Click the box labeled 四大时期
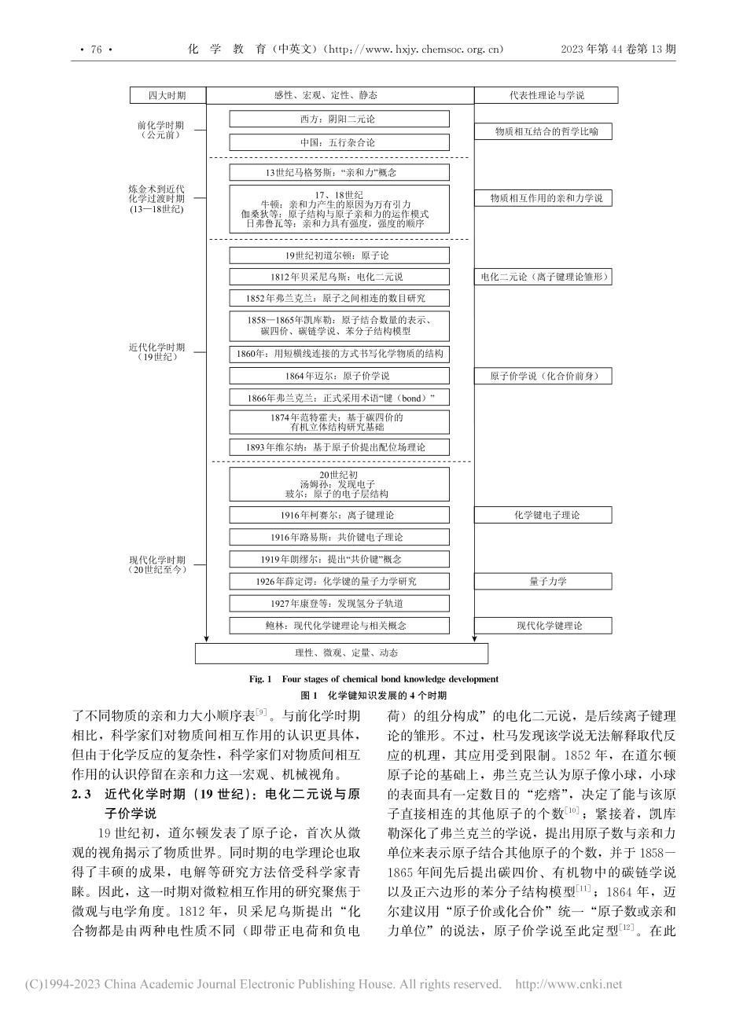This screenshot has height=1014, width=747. (x=167, y=95)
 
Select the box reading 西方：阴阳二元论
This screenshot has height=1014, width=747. (x=339, y=119)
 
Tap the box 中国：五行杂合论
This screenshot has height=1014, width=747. (x=339, y=143)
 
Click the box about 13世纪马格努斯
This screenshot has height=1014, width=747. (x=339, y=173)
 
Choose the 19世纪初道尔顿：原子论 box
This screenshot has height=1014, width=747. (x=339, y=255)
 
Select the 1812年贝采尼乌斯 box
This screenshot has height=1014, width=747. (x=339, y=277)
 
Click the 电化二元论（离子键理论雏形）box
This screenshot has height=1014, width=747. (x=546, y=277)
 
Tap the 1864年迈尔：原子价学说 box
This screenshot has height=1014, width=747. (x=339, y=376)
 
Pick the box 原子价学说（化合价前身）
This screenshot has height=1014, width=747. (x=546, y=376)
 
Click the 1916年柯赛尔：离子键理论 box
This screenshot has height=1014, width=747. (x=339, y=515)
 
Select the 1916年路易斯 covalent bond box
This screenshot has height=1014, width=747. (x=339, y=537)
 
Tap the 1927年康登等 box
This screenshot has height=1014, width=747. (x=339, y=604)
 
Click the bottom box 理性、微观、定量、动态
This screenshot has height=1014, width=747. (x=340, y=653)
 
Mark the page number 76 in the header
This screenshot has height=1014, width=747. (x=97, y=49)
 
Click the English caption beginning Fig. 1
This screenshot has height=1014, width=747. (x=373, y=678)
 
